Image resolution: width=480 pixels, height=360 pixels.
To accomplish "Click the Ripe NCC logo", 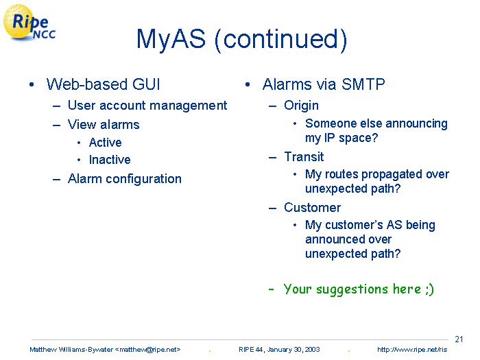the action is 29,23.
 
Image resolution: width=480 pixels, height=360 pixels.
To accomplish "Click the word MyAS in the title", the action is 171,39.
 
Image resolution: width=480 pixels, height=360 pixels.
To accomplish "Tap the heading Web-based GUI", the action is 103,84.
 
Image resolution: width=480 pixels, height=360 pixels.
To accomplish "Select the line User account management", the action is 147,106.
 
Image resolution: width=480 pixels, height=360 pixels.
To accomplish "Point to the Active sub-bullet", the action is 106,143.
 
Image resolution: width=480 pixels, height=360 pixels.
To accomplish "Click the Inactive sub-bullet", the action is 110,160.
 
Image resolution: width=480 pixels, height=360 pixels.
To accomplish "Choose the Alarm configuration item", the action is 125,179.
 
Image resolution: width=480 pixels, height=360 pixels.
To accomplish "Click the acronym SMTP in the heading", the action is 363,84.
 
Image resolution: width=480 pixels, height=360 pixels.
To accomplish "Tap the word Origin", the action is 301,106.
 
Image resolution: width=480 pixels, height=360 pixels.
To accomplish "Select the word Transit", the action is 304,157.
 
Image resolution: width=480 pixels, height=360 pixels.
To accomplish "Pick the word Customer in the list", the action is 312,208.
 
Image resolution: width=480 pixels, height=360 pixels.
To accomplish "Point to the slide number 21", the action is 459,339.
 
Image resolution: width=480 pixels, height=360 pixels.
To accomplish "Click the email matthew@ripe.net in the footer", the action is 147,350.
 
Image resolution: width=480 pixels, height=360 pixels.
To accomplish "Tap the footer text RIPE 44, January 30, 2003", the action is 279,350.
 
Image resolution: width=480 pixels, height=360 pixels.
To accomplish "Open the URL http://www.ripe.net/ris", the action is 412,350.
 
